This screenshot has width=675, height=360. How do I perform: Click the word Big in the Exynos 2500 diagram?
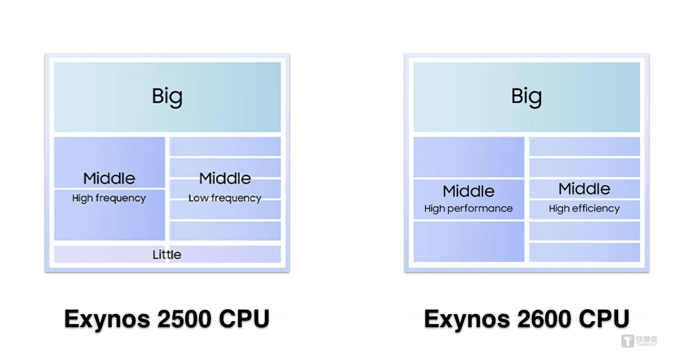[x=167, y=96]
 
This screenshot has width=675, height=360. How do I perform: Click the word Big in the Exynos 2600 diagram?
[x=526, y=96]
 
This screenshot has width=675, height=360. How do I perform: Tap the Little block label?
[x=167, y=255]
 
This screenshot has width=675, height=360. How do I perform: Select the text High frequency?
[x=109, y=198]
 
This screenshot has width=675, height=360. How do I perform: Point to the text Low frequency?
[x=225, y=198]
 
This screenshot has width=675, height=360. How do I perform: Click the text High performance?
[x=468, y=208]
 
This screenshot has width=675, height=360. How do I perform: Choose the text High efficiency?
[x=584, y=208]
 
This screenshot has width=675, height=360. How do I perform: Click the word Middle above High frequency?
[x=109, y=178]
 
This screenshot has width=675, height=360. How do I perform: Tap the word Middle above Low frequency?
[x=225, y=178]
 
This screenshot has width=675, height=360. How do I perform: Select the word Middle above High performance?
[x=468, y=191]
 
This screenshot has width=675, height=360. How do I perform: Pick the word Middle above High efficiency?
[x=584, y=189]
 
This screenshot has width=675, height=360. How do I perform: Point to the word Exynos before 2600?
[x=467, y=319]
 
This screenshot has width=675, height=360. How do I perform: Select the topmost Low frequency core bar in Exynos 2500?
[x=225, y=146]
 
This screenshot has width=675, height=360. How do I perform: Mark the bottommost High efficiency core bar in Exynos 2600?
[x=584, y=252]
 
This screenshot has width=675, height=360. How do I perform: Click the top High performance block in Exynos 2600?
[x=468, y=157]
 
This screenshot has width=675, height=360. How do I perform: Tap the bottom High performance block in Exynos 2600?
[x=468, y=241]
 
